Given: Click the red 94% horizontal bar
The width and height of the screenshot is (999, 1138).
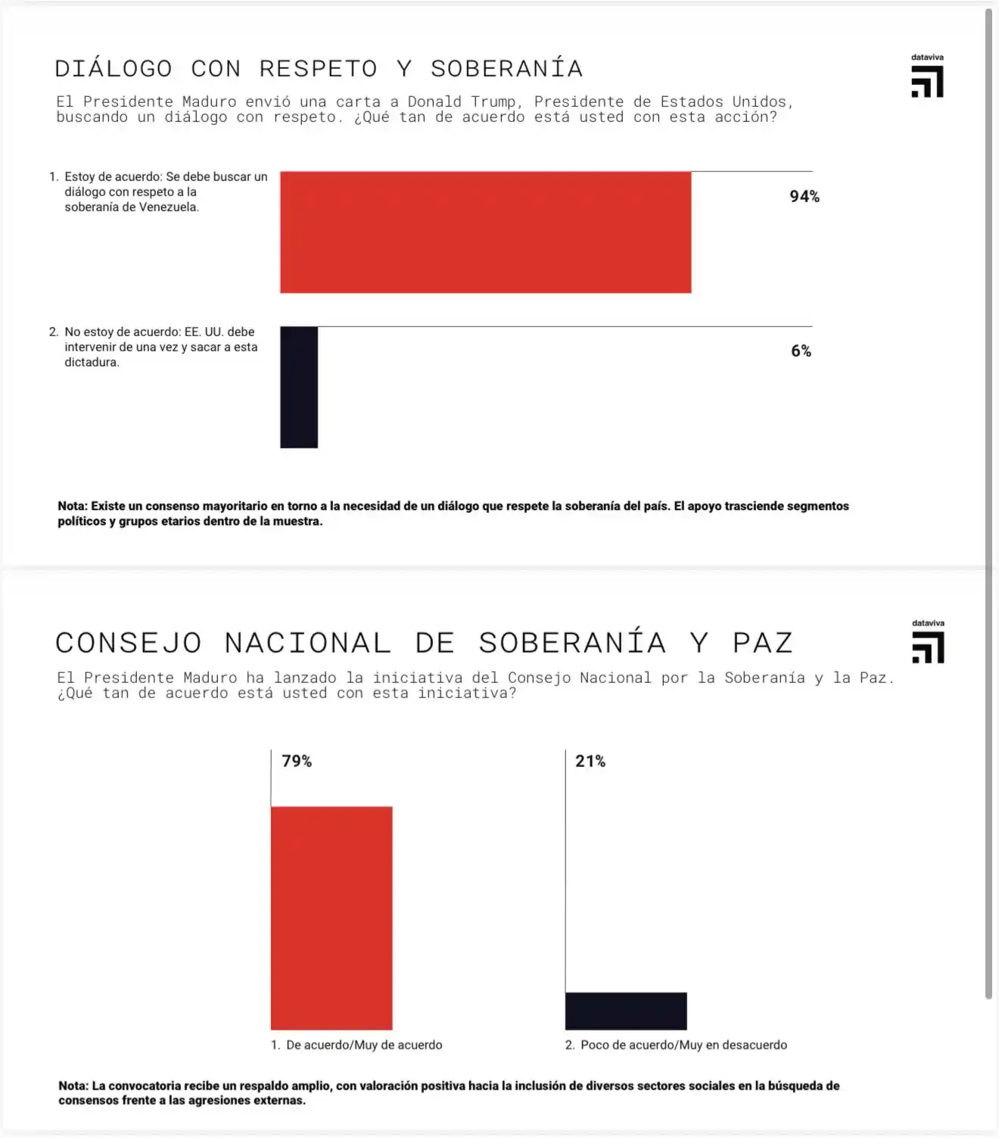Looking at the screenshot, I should [485, 232].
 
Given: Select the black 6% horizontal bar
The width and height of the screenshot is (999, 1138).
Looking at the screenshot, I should [299, 387].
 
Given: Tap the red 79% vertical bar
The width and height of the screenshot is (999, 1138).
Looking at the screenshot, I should [331, 918].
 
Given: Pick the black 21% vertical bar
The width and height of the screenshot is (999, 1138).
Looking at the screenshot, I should [626, 1011].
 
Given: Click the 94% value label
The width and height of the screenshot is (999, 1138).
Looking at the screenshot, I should [804, 197].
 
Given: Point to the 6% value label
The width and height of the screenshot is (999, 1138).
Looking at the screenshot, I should [801, 351].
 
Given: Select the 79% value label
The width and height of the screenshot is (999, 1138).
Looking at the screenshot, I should [297, 761].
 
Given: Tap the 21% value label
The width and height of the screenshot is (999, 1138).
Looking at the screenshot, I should [590, 761].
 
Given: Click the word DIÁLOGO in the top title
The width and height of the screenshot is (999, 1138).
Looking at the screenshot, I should [114, 69].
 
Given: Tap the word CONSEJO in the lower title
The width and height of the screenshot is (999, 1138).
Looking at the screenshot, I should [129, 644].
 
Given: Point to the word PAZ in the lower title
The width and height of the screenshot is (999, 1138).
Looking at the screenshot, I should [762, 644].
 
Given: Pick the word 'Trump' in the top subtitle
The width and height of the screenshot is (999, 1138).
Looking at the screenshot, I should [493, 101].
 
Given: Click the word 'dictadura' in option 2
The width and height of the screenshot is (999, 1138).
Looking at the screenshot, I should [91, 363].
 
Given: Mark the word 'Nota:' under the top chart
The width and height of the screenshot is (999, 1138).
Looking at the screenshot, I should [73, 506].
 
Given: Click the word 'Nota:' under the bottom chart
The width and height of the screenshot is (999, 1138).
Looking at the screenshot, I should [73, 1086].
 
